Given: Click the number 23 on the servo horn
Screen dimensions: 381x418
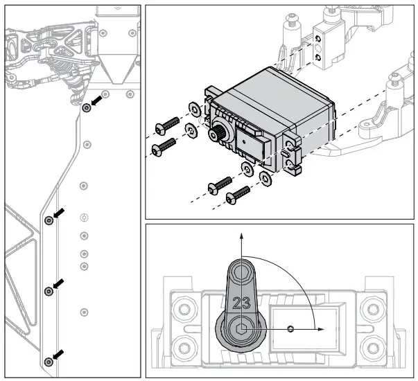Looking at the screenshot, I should [x=242, y=303].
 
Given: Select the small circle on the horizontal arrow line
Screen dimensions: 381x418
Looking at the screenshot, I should [x=291, y=328].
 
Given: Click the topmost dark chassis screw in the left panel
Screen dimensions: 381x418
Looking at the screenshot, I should [x=87, y=108].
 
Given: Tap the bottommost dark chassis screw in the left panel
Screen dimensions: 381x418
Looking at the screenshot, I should [x=48, y=362].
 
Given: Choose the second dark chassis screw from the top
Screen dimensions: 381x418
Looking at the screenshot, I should [x=48, y=220].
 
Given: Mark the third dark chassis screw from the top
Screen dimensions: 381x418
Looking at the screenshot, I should [x=48, y=292].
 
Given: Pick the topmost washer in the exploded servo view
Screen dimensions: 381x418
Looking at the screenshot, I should [x=194, y=109].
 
